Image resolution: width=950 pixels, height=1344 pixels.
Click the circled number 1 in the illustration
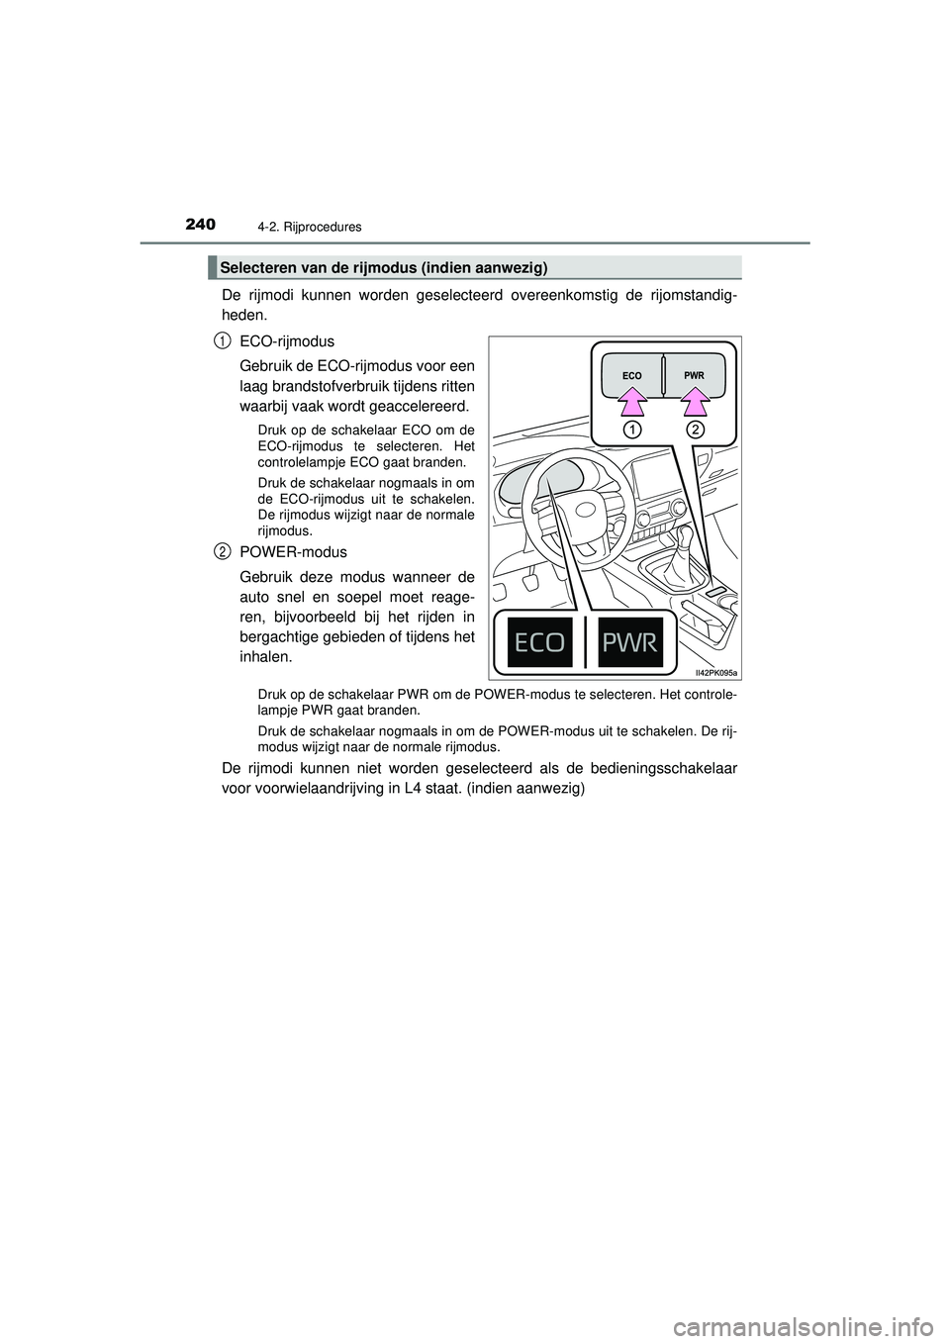click(632, 430)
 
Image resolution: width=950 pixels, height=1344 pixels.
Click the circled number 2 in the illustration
click(695, 430)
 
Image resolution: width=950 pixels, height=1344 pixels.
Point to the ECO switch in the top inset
click(632, 376)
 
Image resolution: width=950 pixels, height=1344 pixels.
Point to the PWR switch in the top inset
click(694, 376)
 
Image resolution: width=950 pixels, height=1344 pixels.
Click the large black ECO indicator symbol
click(542, 642)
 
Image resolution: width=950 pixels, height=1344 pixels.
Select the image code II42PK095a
click(715, 671)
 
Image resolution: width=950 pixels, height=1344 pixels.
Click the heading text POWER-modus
click(293, 551)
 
